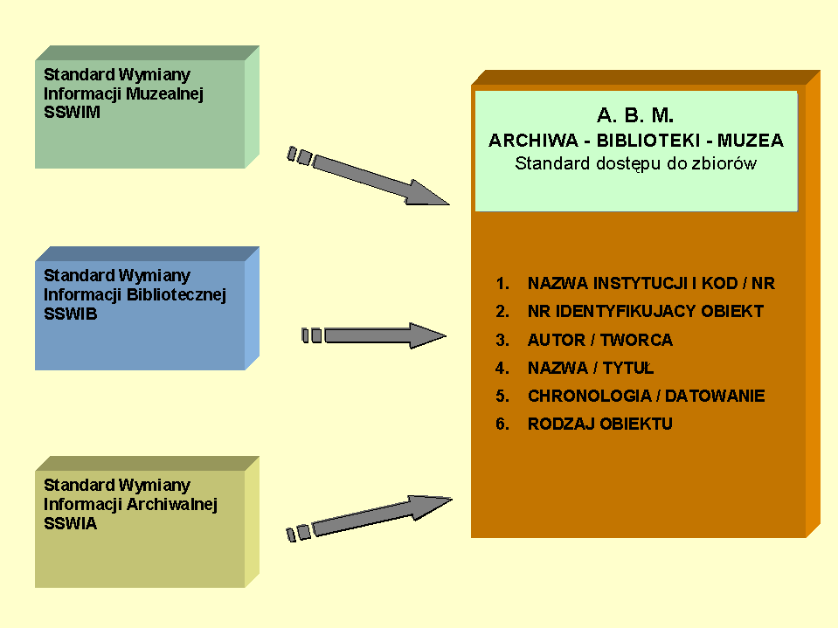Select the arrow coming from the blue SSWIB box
point(376,335)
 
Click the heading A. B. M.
point(635,115)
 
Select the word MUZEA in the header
point(751,141)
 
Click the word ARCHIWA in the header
point(528,141)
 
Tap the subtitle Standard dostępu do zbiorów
point(635,163)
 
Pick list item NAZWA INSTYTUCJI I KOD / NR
point(651,284)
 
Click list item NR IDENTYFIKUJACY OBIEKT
point(646,312)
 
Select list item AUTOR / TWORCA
point(600,341)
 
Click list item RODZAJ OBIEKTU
point(600,424)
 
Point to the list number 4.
point(502,369)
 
